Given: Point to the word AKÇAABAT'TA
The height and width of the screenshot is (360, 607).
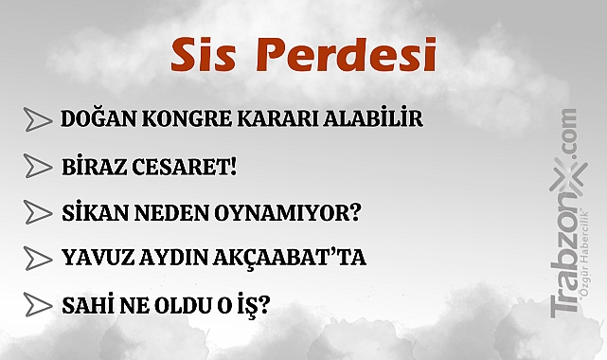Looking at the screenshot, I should click(x=298, y=258).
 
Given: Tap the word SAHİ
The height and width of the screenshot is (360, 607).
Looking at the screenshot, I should click(x=86, y=305).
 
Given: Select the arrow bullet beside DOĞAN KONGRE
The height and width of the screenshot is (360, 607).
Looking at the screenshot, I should click(x=38, y=120).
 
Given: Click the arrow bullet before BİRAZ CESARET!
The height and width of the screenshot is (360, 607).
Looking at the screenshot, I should click(x=38, y=167).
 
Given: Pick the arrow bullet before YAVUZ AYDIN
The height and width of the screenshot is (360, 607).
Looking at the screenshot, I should click(x=38, y=258).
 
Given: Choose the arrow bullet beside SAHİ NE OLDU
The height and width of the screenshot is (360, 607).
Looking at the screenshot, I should click(x=38, y=305).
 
